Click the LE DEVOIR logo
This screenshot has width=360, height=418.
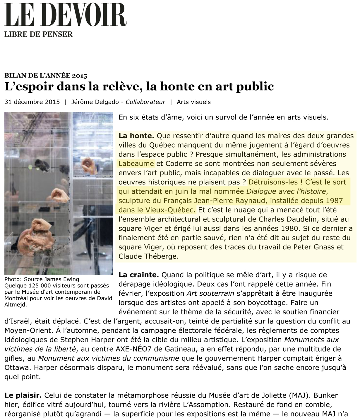click(x=66, y=15)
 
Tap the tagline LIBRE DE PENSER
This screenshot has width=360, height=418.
click(x=38, y=34)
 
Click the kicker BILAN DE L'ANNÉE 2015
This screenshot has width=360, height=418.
click(x=46, y=76)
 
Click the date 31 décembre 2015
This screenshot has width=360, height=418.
click(x=32, y=102)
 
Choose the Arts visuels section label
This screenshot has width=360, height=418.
click(x=194, y=102)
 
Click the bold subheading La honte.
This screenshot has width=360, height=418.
click(x=136, y=136)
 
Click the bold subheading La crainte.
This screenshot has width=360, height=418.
click(x=138, y=275)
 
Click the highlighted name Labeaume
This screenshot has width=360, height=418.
click(x=136, y=163)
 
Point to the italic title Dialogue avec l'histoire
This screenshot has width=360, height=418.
click(x=286, y=191)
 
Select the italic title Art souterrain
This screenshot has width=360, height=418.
click(x=210, y=293)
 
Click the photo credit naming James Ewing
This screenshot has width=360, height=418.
click(x=42, y=279)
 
